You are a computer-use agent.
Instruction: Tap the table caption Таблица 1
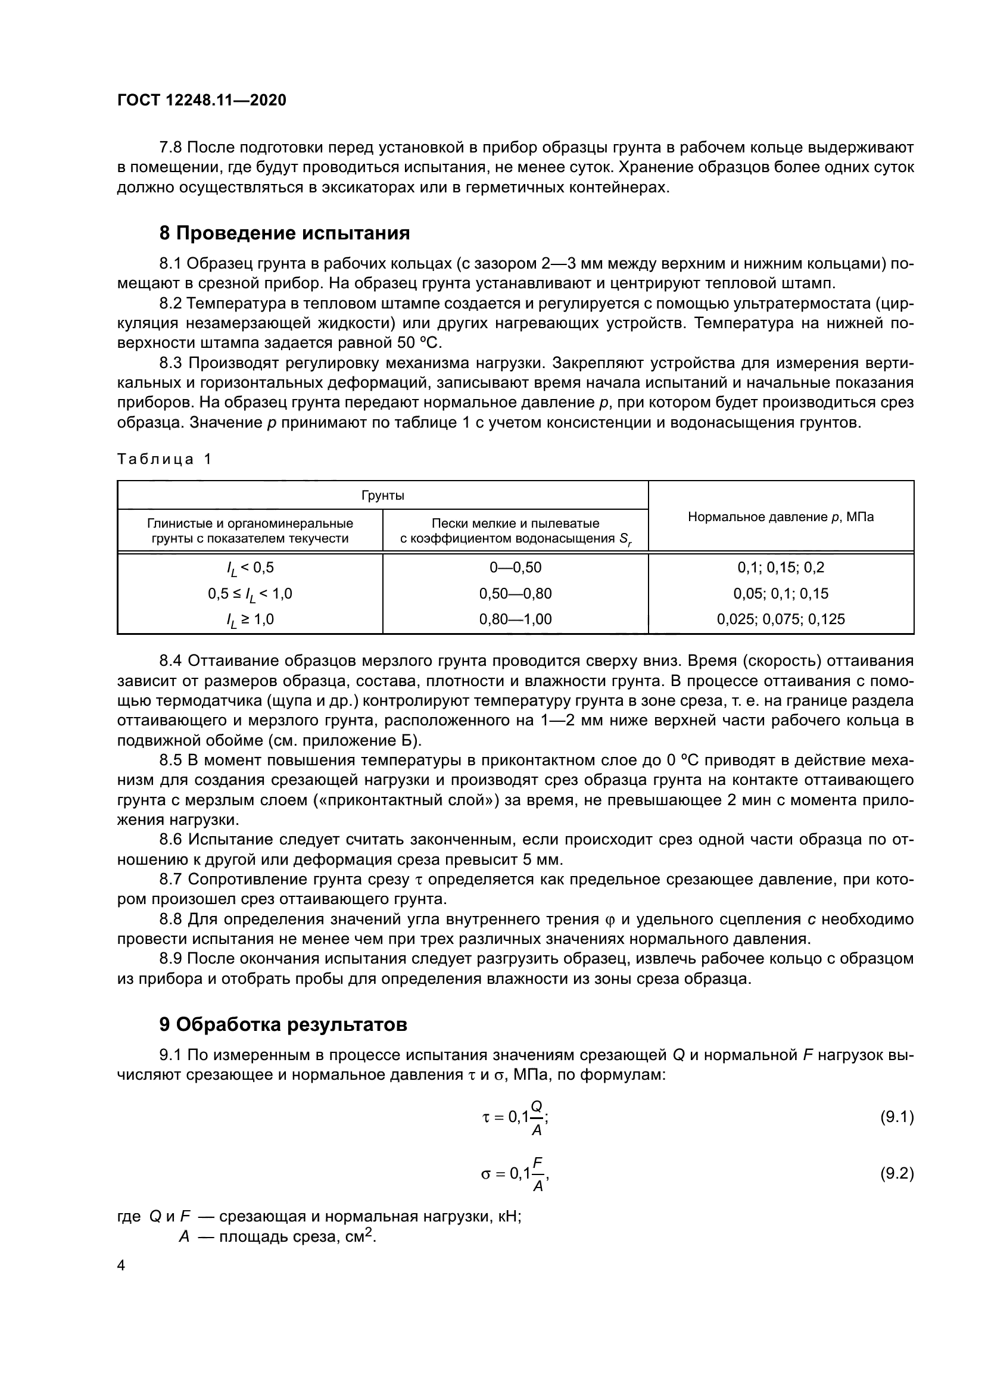(x=164, y=459)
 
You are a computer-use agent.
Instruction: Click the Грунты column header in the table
(x=383, y=496)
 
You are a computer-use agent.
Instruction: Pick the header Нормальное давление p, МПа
(x=781, y=517)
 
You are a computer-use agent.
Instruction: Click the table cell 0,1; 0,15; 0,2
(x=781, y=568)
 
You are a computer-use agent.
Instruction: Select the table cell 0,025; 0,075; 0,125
(x=781, y=619)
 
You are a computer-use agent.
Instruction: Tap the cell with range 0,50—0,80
(x=515, y=593)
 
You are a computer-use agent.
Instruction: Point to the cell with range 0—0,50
(x=515, y=568)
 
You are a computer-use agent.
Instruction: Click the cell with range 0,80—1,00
(x=515, y=619)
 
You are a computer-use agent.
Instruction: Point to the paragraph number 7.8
(x=171, y=148)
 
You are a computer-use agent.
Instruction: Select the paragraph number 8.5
(x=171, y=761)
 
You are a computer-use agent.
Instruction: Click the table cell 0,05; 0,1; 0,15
(x=781, y=593)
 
